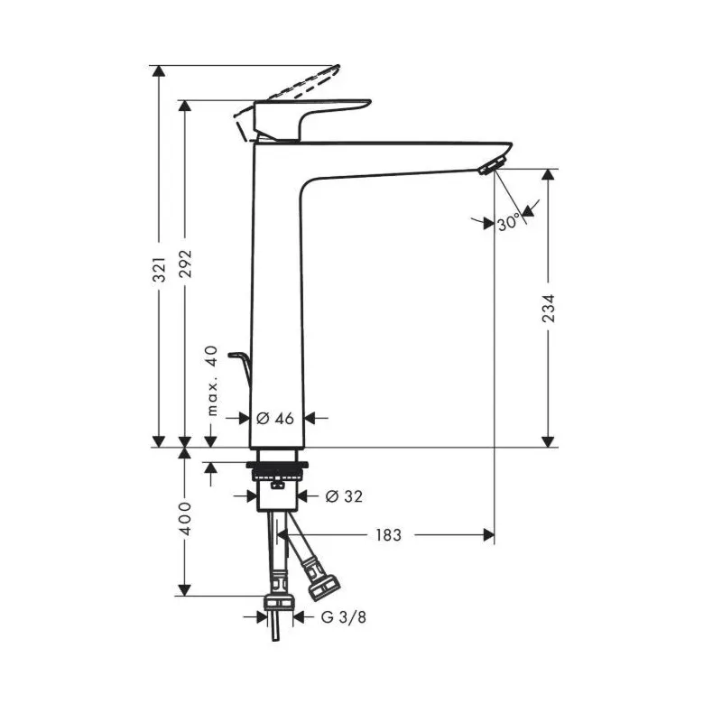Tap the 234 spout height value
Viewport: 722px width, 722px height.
(548, 310)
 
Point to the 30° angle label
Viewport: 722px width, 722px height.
(507, 222)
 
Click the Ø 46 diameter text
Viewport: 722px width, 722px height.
(276, 418)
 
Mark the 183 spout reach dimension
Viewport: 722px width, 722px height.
(387, 535)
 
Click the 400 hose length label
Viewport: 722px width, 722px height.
(186, 521)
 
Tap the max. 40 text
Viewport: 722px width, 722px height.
(213, 380)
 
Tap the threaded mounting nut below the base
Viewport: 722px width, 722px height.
(279, 469)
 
